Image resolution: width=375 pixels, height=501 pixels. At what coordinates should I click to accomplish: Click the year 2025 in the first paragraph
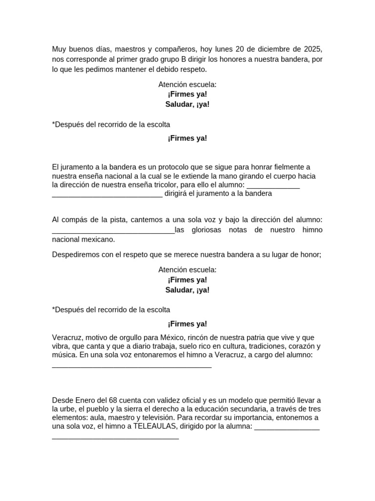click(x=313, y=49)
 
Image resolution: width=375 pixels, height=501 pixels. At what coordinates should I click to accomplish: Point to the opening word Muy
click(x=59, y=49)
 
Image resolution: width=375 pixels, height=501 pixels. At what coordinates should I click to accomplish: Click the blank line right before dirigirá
click(x=107, y=194)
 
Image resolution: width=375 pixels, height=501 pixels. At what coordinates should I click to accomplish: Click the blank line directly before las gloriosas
click(x=113, y=230)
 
